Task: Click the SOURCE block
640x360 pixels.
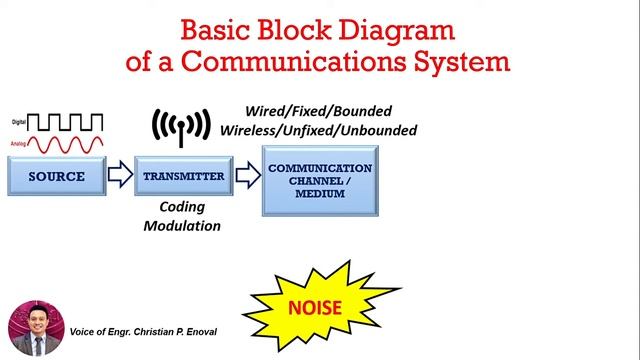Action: tap(57, 177)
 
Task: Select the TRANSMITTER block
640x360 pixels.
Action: tap(177, 177)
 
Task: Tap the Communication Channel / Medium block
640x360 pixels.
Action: tap(320, 179)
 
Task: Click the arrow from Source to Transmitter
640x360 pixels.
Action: tap(118, 177)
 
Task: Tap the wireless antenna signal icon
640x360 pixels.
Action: tap(177, 126)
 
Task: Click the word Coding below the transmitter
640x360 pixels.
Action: tap(181, 207)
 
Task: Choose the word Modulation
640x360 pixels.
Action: tap(181, 226)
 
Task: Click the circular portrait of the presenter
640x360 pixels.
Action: tap(36, 328)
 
